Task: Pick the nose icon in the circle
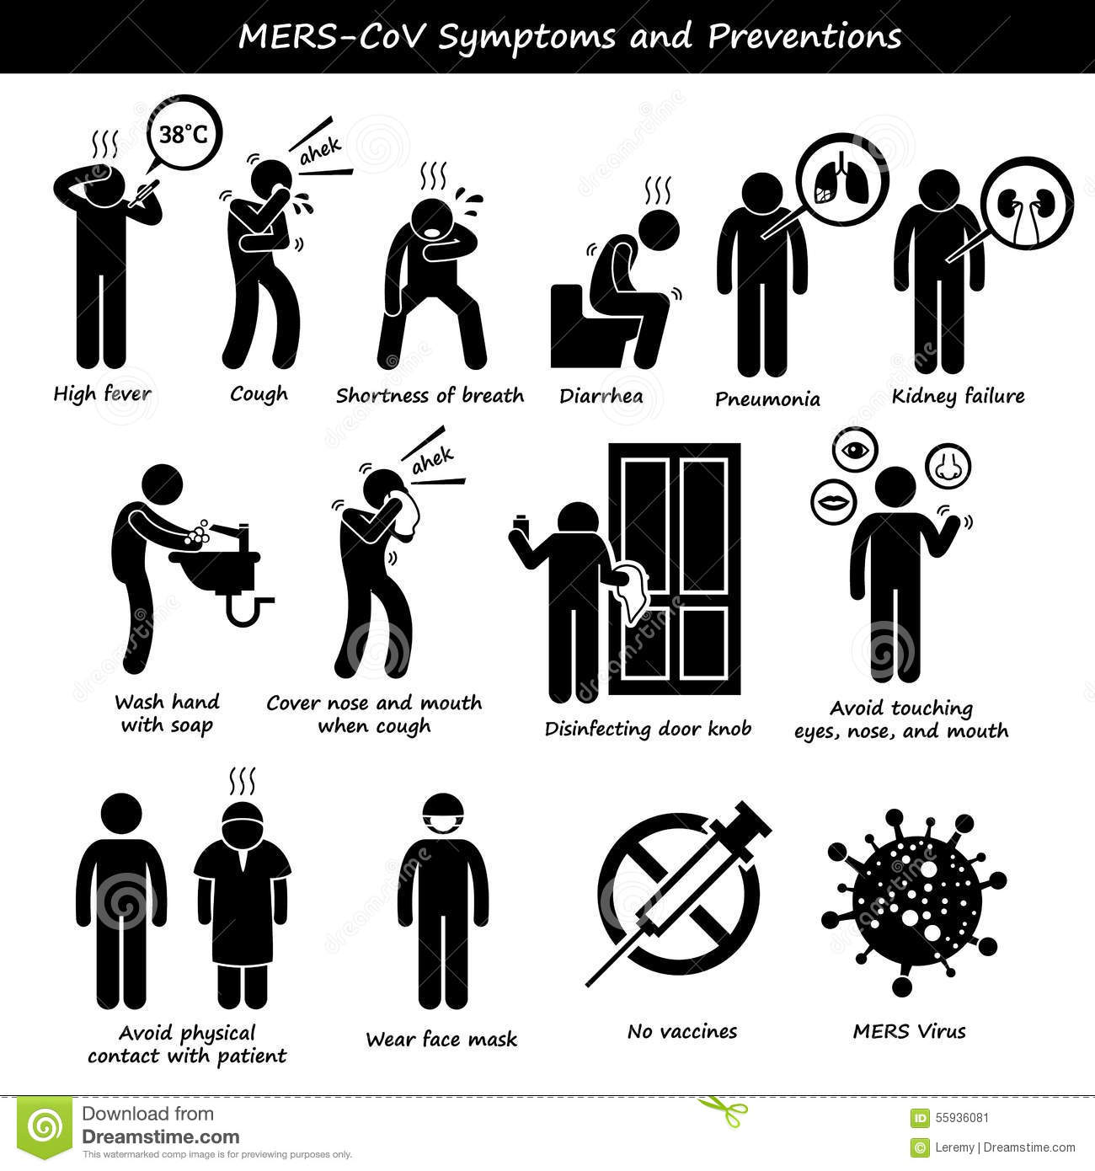(x=947, y=466)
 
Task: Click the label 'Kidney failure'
(x=958, y=396)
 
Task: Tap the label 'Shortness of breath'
(x=430, y=395)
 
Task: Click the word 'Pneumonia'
(x=767, y=399)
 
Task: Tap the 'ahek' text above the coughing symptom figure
(x=321, y=152)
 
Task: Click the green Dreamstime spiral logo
(x=45, y=1127)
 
